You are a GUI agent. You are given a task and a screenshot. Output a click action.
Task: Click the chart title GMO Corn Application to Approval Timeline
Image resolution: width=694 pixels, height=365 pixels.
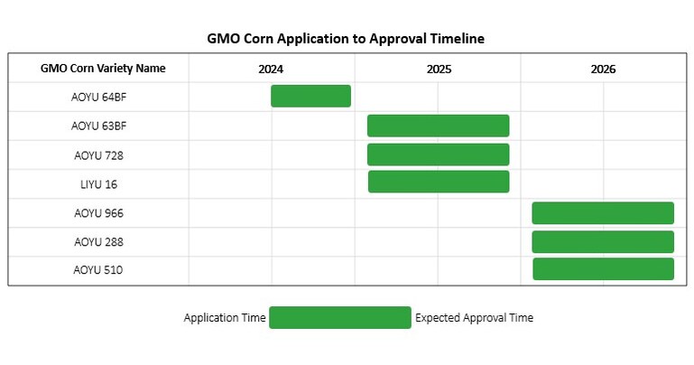click(x=347, y=39)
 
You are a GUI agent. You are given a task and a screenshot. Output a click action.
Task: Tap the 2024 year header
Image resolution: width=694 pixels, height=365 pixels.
click(x=271, y=69)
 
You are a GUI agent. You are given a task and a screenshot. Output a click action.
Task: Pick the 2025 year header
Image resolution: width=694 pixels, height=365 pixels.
click(x=439, y=69)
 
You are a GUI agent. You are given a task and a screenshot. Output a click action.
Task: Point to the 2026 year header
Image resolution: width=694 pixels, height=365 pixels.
click(x=603, y=69)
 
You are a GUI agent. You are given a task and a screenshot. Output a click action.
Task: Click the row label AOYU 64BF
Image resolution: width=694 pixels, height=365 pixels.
click(x=98, y=97)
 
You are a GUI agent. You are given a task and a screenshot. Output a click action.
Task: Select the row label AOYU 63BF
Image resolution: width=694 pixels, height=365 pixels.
click(x=98, y=126)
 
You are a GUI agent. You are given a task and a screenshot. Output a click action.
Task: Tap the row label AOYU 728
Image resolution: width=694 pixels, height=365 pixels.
click(x=98, y=155)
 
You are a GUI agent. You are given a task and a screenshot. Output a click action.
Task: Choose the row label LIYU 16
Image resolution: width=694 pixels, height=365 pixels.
click(x=98, y=184)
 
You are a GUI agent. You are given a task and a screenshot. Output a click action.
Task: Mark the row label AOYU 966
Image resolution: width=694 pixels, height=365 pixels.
click(x=98, y=213)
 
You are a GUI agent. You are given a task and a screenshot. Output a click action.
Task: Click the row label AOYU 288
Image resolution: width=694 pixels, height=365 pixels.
click(x=98, y=242)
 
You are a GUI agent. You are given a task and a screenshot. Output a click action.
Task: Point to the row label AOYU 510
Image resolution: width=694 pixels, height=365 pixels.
click(x=98, y=270)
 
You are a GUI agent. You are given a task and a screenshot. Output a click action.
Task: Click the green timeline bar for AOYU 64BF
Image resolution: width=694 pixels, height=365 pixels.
click(x=310, y=96)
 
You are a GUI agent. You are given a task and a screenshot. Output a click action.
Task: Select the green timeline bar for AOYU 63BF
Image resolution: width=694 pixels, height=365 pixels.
click(x=438, y=126)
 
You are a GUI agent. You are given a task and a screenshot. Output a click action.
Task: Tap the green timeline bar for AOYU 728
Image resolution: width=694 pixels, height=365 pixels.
click(x=438, y=154)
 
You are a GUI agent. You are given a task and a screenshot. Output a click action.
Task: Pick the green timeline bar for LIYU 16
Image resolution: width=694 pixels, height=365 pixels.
click(x=439, y=182)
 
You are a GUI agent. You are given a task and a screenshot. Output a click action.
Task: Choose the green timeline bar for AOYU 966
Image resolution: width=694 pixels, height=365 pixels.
click(x=603, y=213)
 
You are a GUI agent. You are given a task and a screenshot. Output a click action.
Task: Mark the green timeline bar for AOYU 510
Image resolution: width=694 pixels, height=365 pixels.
click(x=603, y=269)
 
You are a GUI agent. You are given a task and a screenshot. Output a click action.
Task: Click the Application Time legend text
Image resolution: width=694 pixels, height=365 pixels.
click(x=225, y=318)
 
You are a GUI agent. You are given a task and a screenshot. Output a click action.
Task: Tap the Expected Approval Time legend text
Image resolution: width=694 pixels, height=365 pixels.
click(x=474, y=318)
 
